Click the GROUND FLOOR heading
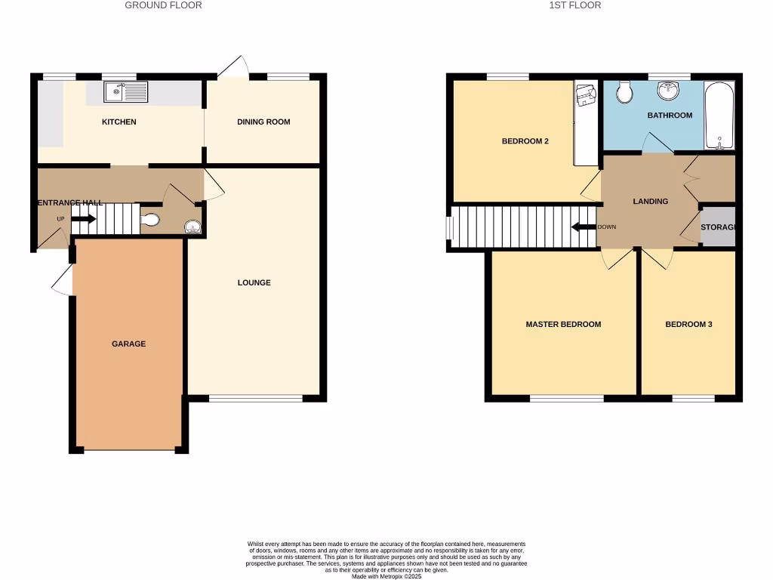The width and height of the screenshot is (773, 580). pyautogui.click(x=163, y=5)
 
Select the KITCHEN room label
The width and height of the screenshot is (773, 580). pyautogui.click(x=119, y=122)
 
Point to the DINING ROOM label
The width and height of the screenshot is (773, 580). pyautogui.click(x=263, y=122)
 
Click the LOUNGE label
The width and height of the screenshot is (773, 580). pyautogui.click(x=254, y=282)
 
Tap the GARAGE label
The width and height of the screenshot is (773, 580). pyautogui.click(x=128, y=344)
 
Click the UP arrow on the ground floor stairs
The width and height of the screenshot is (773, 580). pyautogui.click(x=83, y=219)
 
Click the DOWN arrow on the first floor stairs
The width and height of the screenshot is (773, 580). pyautogui.click(x=584, y=227)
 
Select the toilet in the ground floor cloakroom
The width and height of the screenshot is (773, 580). pyautogui.click(x=150, y=220)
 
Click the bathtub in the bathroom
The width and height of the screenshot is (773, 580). pyautogui.click(x=718, y=116)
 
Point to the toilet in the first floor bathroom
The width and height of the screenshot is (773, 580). pyautogui.click(x=624, y=92)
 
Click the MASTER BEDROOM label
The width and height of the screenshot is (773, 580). pyautogui.click(x=563, y=324)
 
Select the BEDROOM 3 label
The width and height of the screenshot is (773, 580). pyautogui.click(x=688, y=324)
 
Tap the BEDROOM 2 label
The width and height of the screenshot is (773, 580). pyautogui.click(x=525, y=141)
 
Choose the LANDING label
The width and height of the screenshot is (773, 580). pyautogui.click(x=651, y=202)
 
